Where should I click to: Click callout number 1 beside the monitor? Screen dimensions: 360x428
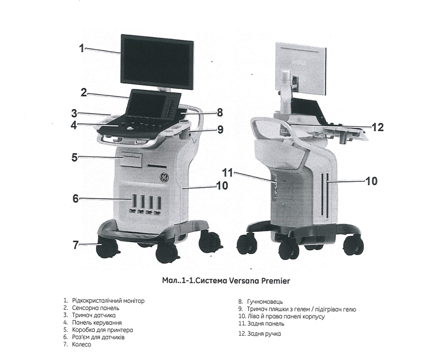(82, 48)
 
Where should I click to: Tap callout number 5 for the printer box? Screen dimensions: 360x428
(74, 158)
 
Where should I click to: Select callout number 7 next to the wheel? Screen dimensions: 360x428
(76, 245)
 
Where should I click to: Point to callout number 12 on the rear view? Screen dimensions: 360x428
(377, 127)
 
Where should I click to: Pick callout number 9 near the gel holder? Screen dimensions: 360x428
(220, 130)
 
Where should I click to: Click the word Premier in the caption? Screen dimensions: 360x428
(275, 281)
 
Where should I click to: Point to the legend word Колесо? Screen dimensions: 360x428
(82, 345)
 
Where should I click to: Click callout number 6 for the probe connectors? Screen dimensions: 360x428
(75, 198)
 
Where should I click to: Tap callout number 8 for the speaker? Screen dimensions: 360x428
(220, 112)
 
